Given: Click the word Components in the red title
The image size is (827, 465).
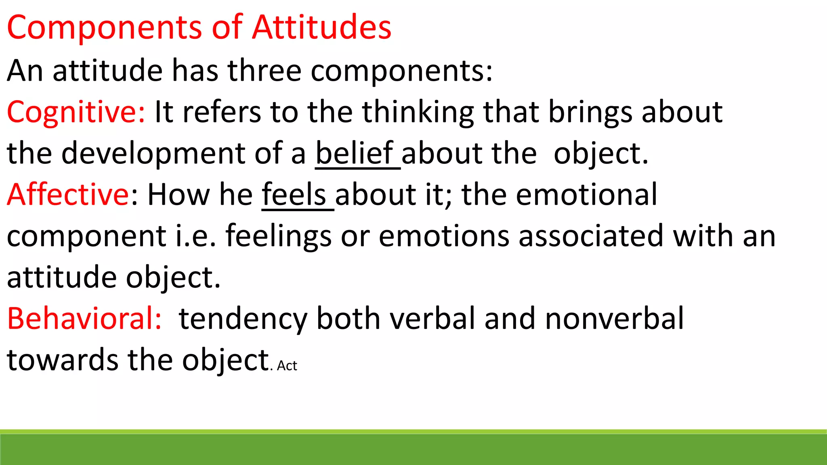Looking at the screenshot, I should [104, 27].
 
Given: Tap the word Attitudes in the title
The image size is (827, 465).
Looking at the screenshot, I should [321, 27].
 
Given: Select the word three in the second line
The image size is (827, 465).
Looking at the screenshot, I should [264, 70].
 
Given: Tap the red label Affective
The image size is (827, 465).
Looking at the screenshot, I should [67, 194].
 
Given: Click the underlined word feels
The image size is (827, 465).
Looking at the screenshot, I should [294, 194].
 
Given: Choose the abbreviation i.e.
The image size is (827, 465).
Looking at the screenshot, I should [195, 236].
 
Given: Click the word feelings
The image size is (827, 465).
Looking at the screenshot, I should [278, 237].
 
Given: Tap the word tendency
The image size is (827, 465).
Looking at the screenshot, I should [243, 319].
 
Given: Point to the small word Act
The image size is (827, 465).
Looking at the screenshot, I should [287, 366].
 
